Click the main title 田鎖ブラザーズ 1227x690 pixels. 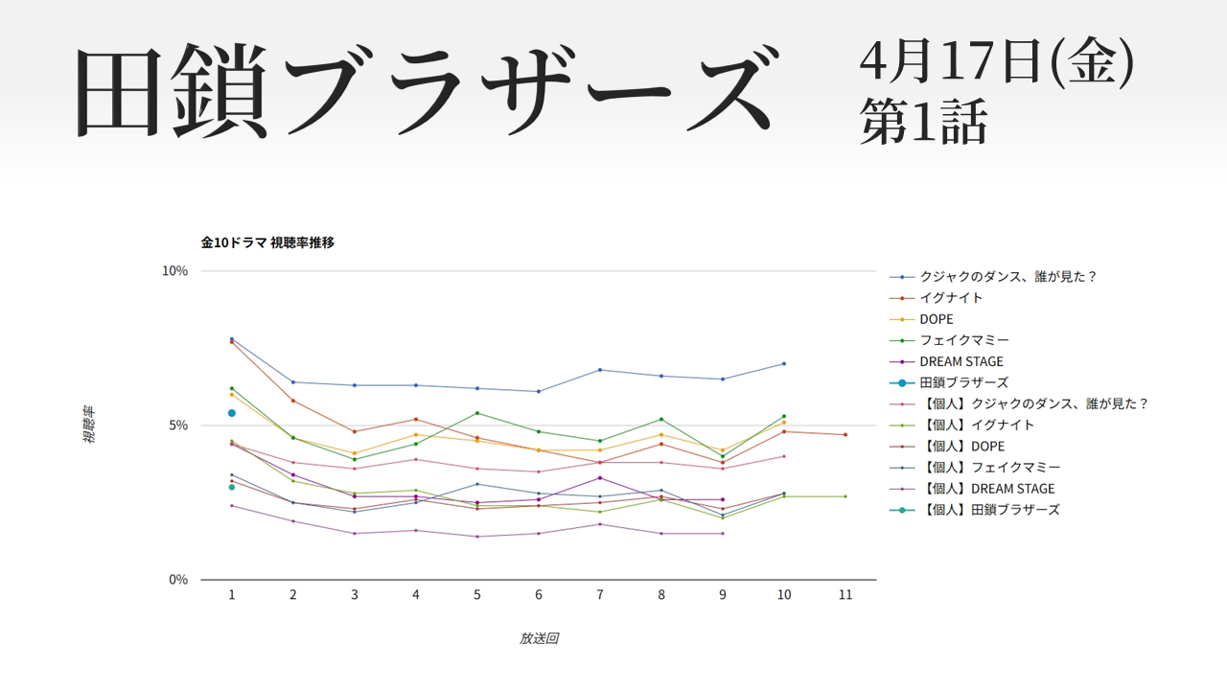tap(422, 91)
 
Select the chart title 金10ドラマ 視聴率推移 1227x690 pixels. tap(267, 242)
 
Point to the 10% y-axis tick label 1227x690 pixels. tap(174, 271)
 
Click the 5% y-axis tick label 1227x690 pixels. tap(177, 425)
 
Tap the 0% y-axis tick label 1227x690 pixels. tap(177, 580)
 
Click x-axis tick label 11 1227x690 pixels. tap(845, 595)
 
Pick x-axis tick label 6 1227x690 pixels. tap(539, 595)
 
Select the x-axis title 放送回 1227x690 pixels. tap(539, 638)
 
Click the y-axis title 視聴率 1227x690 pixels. tap(88, 425)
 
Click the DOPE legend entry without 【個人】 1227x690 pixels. tap(937, 319)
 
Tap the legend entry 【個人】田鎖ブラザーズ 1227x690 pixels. tap(989, 510)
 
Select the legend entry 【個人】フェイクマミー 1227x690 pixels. tap(989, 468)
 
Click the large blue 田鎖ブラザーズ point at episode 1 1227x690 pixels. tap(232, 413)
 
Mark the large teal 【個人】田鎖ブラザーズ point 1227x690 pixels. tap(232, 487)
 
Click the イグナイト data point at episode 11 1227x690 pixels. tap(845, 435)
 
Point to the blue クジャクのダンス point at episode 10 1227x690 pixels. tap(784, 363)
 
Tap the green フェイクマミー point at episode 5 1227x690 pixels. tap(477, 413)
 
